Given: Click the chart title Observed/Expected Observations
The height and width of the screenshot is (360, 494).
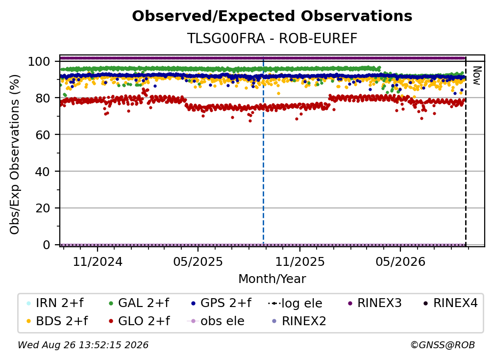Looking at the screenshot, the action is pos(272,16).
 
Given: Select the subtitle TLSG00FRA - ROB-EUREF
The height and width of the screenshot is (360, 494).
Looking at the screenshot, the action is pos(272,39).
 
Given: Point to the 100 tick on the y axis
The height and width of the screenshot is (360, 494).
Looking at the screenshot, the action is pos(39,61).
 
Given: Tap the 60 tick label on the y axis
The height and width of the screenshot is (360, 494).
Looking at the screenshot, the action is pos(43,135).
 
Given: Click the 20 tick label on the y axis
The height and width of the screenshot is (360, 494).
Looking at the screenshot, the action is pos(43,208).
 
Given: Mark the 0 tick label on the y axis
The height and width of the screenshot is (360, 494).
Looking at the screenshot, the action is pos(47,245).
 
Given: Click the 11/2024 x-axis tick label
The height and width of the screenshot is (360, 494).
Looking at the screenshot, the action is pos(98,261).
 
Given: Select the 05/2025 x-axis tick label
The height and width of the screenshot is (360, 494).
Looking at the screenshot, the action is pos(198,261).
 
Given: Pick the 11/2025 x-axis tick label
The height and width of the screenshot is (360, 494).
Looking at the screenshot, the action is pos(300,261).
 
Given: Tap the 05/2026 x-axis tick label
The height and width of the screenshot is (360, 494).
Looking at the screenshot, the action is pos(400,261).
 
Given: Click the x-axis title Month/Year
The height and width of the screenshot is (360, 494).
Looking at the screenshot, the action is pos(272,279).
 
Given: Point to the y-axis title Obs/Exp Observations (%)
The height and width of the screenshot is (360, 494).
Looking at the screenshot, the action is pos(15,154).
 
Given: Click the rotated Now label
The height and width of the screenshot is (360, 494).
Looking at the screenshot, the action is pos(477,76).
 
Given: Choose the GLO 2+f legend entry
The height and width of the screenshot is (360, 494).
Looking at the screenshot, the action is pos(139,321).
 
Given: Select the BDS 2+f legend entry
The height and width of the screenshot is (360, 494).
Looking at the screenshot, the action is pos(57,321).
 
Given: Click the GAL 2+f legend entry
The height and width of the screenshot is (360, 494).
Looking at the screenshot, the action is pos(139,303).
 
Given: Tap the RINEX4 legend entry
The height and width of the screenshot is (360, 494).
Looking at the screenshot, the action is pos(450,303).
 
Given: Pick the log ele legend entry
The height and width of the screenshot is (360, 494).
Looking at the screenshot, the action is pos(295,303).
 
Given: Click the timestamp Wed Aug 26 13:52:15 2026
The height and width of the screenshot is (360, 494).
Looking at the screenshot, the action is pos(83,345).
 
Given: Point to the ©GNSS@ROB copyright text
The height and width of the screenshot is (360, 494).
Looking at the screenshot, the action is pos(443,345).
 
